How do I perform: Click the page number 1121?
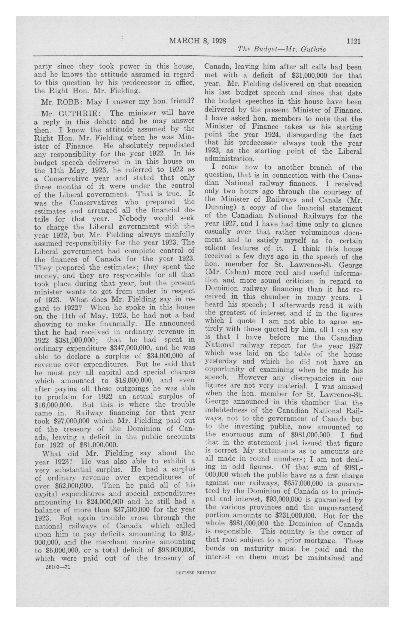[354, 41]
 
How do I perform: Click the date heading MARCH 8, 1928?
[198, 41]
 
